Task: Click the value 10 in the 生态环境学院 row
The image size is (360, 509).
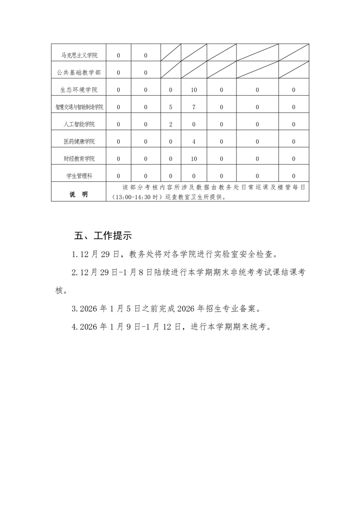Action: tap(194, 90)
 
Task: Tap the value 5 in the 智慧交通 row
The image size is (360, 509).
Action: tap(170, 107)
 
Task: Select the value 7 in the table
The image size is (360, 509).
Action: tap(194, 107)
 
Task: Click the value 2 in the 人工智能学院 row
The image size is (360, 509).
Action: tap(170, 124)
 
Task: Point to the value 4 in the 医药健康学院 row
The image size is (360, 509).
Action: tap(194, 142)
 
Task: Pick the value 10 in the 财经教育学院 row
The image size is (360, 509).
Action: tap(194, 159)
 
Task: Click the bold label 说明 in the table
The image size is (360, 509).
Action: tap(79, 194)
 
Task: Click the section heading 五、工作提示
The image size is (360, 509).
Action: tap(103, 236)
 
